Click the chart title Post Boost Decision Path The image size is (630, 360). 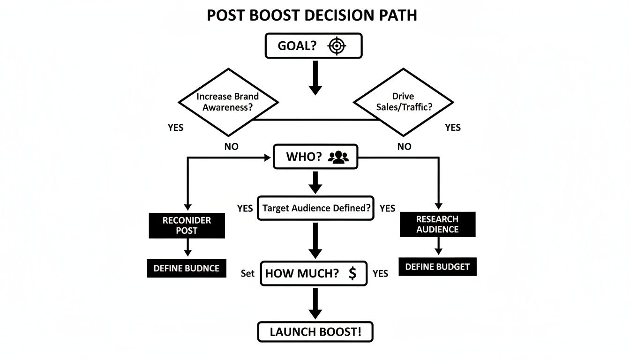point(312,15)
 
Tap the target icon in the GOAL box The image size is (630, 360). point(337,46)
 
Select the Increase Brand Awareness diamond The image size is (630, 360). point(228,102)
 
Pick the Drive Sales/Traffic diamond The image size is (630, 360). point(403,102)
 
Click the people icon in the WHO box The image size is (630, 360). point(338,157)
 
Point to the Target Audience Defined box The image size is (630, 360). point(315,208)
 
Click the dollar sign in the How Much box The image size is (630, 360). point(352,274)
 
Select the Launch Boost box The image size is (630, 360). point(315,332)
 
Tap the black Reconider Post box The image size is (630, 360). point(187,225)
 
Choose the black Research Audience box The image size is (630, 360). point(437,225)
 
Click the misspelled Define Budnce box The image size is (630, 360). point(187,269)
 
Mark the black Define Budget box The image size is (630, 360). point(437,267)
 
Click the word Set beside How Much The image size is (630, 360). point(247,273)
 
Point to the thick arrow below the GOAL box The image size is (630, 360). point(315,77)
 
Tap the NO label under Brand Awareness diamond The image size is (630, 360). point(232,147)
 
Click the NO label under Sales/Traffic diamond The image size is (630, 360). point(404,147)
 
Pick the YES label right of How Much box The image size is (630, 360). point(380,273)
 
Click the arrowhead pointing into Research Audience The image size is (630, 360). point(438,206)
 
